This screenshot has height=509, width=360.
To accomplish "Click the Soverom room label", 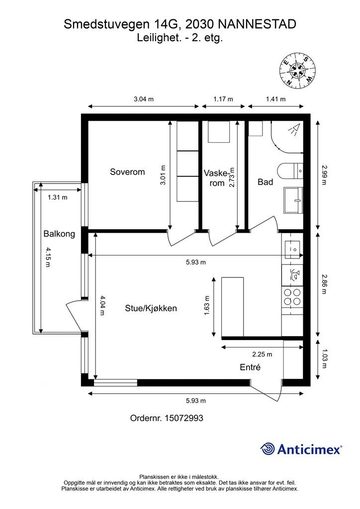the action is [x=127, y=171].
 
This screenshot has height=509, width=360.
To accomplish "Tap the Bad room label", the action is [x=265, y=182].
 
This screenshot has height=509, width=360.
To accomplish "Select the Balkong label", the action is [x=59, y=234].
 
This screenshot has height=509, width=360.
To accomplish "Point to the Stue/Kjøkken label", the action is [x=151, y=308].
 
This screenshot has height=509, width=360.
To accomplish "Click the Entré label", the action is [x=250, y=367].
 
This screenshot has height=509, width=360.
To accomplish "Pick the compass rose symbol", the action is [x=297, y=70].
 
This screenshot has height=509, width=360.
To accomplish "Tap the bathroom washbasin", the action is [x=293, y=200].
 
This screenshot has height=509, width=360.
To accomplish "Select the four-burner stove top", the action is [x=292, y=297].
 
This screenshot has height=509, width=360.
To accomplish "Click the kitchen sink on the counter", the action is [x=292, y=250].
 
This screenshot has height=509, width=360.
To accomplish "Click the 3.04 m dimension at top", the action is [x=144, y=99].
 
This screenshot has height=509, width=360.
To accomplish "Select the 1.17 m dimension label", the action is [x=223, y=99].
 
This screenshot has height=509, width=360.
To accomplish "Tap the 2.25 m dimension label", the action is [x=262, y=354].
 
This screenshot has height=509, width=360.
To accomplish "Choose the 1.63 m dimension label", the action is [x=207, y=306].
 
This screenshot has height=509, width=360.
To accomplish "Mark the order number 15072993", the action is [x=184, y=418].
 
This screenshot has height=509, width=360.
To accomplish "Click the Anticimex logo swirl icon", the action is [x=268, y=449].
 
